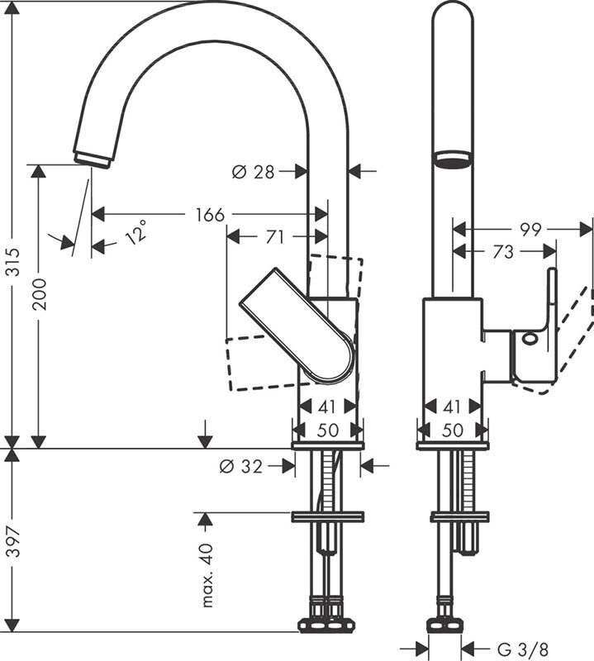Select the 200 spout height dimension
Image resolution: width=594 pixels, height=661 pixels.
[x=39, y=293]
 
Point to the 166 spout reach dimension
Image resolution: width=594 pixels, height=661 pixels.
[x=210, y=215]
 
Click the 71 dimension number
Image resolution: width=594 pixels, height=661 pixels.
[x=274, y=237]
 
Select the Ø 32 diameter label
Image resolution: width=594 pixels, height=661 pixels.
[x=240, y=467]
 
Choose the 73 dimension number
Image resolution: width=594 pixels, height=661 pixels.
[x=503, y=252]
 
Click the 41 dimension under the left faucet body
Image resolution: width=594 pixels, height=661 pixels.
[x=328, y=407]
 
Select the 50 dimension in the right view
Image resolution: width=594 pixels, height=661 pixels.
[x=452, y=430]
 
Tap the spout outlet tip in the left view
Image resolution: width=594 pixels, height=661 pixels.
[x=92, y=158]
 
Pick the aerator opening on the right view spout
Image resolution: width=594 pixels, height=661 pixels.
[x=453, y=158]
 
